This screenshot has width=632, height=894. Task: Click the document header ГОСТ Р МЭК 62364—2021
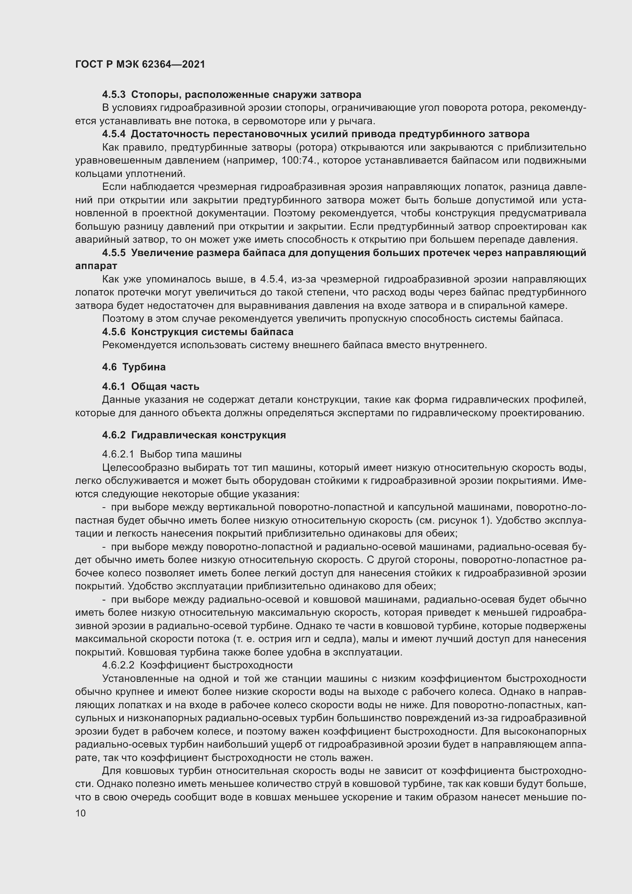[x=140, y=65]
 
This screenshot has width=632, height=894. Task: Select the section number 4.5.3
[x=113, y=95]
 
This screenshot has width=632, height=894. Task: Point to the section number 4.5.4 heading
[x=113, y=134]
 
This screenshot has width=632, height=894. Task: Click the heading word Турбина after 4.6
[x=144, y=367]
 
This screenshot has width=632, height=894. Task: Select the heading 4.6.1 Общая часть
[x=151, y=386]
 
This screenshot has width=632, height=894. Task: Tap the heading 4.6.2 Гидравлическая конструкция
[x=194, y=435]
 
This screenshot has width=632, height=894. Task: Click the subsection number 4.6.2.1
[x=118, y=454]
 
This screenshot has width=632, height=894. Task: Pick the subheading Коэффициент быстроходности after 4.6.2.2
[x=216, y=665]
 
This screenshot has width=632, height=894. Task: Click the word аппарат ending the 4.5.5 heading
[x=96, y=266]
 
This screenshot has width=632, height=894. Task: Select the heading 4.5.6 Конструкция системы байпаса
[x=198, y=332]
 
